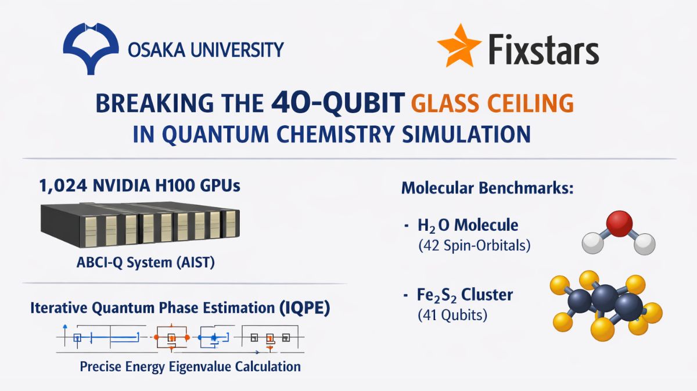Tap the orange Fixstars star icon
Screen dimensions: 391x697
pyautogui.click(x=459, y=46)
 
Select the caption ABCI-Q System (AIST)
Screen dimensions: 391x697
pyautogui.click(x=146, y=263)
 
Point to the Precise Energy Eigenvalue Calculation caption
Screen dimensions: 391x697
pyautogui.click(x=191, y=367)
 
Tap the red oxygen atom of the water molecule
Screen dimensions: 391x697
pyautogui.click(x=619, y=223)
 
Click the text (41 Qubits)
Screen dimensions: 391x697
pyautogui.click(x=452, y=316)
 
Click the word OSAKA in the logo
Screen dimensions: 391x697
pyautogui.click(x=153, y=49)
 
